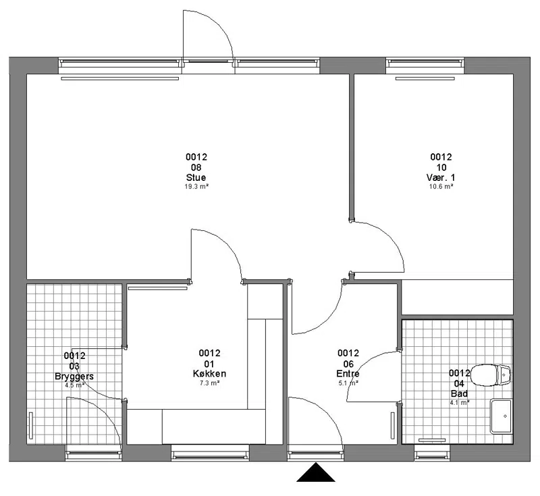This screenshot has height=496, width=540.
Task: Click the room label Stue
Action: [x=196, y=177]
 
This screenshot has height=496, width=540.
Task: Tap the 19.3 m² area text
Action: [x=196, y=187]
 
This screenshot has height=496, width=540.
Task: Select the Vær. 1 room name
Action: [x=441, y=177]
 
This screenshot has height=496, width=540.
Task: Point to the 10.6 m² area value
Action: [x=441, y=187]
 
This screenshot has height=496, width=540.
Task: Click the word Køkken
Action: [x=209, y=373]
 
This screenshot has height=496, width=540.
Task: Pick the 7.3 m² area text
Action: [x=210, y=383]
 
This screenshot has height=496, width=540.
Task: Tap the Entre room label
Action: [x=348, y=373]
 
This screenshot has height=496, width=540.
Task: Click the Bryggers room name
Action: [x=74, y=376]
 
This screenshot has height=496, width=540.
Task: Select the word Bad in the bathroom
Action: [x=459, y=393]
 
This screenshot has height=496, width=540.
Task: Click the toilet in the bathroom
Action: [x=491, y=375]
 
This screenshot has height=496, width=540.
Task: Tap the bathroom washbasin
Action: [x=501, y=416]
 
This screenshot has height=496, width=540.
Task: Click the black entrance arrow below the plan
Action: [x=316, y=472]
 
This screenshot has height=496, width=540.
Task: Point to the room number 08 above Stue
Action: [x=196, y=167]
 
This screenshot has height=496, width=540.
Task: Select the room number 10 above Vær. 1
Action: [x=441, y=167]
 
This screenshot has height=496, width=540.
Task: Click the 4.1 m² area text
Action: [x=460, y=402]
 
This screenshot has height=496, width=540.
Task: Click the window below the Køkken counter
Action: [x=210, y=452]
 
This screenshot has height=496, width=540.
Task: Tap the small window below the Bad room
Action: [x=432, y=452]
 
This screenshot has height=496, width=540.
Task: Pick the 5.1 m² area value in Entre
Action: [x=348, y=383]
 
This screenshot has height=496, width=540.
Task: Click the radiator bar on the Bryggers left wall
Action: [x=31, y=425]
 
